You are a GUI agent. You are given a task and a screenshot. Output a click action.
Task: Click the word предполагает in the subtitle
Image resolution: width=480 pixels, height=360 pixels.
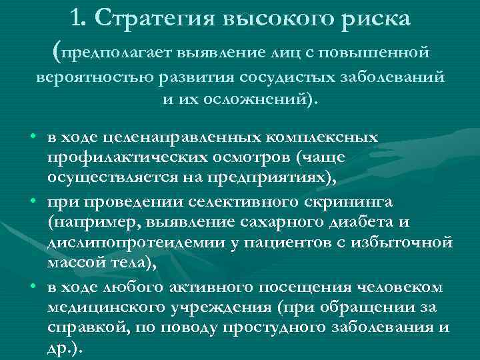(118, 51)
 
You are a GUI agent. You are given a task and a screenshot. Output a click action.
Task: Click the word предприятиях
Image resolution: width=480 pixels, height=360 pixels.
(261, 178)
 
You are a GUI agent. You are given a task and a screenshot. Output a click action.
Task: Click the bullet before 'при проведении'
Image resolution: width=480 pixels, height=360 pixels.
(33, 202)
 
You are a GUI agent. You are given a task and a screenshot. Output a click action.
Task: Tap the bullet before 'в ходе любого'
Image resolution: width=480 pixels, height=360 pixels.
(33, 287)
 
